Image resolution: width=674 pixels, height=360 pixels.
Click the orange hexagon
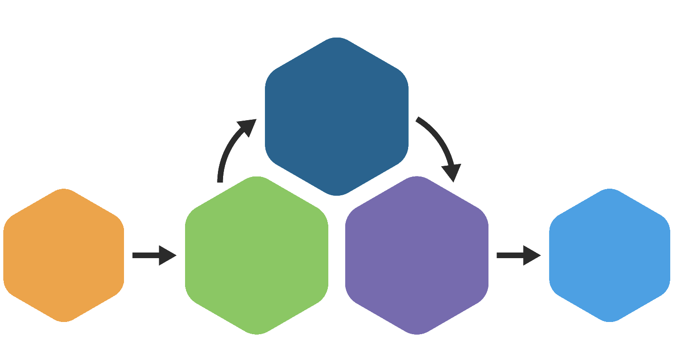click(63, 255)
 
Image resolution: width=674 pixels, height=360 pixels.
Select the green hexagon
click(256, 255)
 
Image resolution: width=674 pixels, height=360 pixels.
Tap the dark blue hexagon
click(336, 116)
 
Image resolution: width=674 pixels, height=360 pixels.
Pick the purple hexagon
click(417, 255)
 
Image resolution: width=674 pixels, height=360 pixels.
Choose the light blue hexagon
click(609, 255)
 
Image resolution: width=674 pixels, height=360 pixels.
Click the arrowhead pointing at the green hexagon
click(168, 255)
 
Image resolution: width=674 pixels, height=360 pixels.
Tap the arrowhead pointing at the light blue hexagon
click(532, 255)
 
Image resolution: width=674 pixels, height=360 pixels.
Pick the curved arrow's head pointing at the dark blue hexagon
click(248, 127)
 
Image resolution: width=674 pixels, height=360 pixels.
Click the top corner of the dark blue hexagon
click(336, 38)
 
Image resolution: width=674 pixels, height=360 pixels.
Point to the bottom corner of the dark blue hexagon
click(336, 194)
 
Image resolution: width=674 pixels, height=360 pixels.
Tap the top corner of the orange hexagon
click(63, 190)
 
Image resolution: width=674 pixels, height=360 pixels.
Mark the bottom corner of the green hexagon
click(256, 333)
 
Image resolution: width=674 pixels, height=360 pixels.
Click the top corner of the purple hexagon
click(417, 177)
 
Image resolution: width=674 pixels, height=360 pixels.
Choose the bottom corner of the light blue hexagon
click(609, 321)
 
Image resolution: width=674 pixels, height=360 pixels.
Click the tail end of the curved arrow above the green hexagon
click(220, 181)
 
